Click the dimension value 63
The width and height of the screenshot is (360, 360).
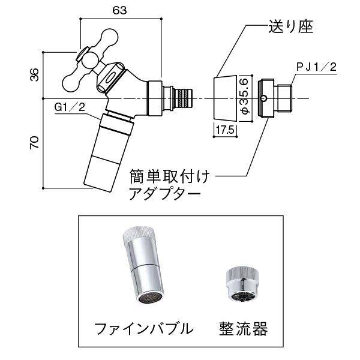coord(119,11)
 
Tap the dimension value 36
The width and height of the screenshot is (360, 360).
coord(35,74)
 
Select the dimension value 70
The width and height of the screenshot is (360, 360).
coord(34,143)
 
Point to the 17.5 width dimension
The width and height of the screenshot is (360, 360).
coord(225,130)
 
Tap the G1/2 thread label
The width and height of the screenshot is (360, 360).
coord(70,107)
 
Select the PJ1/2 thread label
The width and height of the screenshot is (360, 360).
coord(316,67)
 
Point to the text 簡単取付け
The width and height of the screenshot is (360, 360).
coord(170,176)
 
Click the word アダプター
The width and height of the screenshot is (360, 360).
coord(165,194)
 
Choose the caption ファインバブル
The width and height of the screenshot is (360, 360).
coord(144,329)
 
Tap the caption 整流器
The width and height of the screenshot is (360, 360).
coord(244,329)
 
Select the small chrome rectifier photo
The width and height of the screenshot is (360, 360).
coord(242,284)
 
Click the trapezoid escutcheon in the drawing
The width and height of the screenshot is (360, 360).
coord(225,98)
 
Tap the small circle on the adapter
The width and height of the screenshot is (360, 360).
coord(263,99)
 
